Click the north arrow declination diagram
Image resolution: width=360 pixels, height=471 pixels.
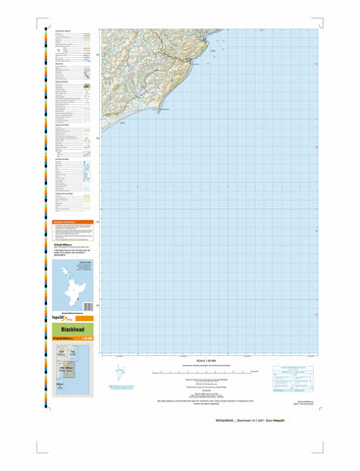tap(119, 373)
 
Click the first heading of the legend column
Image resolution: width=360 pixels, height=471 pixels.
tap(61, 31)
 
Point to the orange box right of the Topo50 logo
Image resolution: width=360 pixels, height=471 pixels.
tap(83, 316)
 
